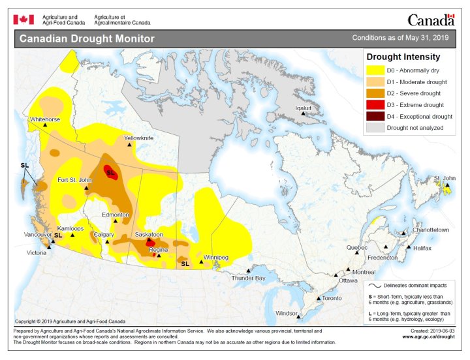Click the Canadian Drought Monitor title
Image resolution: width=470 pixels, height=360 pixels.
point(87,38)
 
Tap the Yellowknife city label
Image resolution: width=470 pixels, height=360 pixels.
point(138,138)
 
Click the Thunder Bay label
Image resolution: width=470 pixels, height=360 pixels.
point(248,278)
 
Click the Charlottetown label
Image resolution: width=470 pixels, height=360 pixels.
point(431,230)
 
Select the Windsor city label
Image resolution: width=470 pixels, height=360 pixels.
point(286,313)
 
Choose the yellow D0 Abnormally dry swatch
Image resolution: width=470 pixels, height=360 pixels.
point(374,70)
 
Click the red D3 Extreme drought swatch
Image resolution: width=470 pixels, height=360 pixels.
point(374,105)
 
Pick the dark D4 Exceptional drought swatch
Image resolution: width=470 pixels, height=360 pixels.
point(374,116)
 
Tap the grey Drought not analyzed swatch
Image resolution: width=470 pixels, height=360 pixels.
point(374,128)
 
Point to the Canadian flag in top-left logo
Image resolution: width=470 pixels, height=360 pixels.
point(23,19)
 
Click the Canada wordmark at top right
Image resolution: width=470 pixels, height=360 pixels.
point(431,19)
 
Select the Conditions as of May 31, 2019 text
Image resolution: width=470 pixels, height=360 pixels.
point(401,38)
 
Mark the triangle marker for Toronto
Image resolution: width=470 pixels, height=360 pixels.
point(319,298)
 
